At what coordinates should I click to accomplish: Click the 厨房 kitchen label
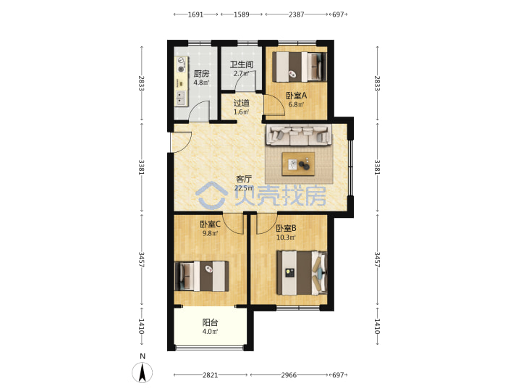tap(201, 73)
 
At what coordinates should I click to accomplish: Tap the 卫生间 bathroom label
tap(242, 64)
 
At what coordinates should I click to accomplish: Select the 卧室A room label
tap(297, 96)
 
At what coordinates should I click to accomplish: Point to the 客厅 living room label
tap(244, 179)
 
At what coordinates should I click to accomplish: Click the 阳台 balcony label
tap(210, 322)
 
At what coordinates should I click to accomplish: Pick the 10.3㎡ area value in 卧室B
tap(286, 237)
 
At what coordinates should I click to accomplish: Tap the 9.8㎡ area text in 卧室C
tap(210, 233)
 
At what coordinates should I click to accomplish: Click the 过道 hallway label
tap(241, 103)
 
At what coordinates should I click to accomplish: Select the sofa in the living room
tap(299, 135)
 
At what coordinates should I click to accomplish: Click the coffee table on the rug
tap(298, 164)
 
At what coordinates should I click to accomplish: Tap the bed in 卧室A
tap(300, 67)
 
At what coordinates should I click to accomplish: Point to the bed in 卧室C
tap(202, 277)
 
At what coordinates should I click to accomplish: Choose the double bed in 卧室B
tap(302, 273)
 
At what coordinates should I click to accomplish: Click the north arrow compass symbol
tap(143, 372)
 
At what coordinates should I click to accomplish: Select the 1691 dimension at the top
tap(195, 14)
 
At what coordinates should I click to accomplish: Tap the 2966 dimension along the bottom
tap(289, 375)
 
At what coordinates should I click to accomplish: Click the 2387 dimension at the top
tap(297, 14)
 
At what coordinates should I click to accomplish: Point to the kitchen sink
tap(181, 98)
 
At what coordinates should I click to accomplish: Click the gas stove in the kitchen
tap(181, 65)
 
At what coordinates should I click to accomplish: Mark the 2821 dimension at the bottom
tap(211, 375)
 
